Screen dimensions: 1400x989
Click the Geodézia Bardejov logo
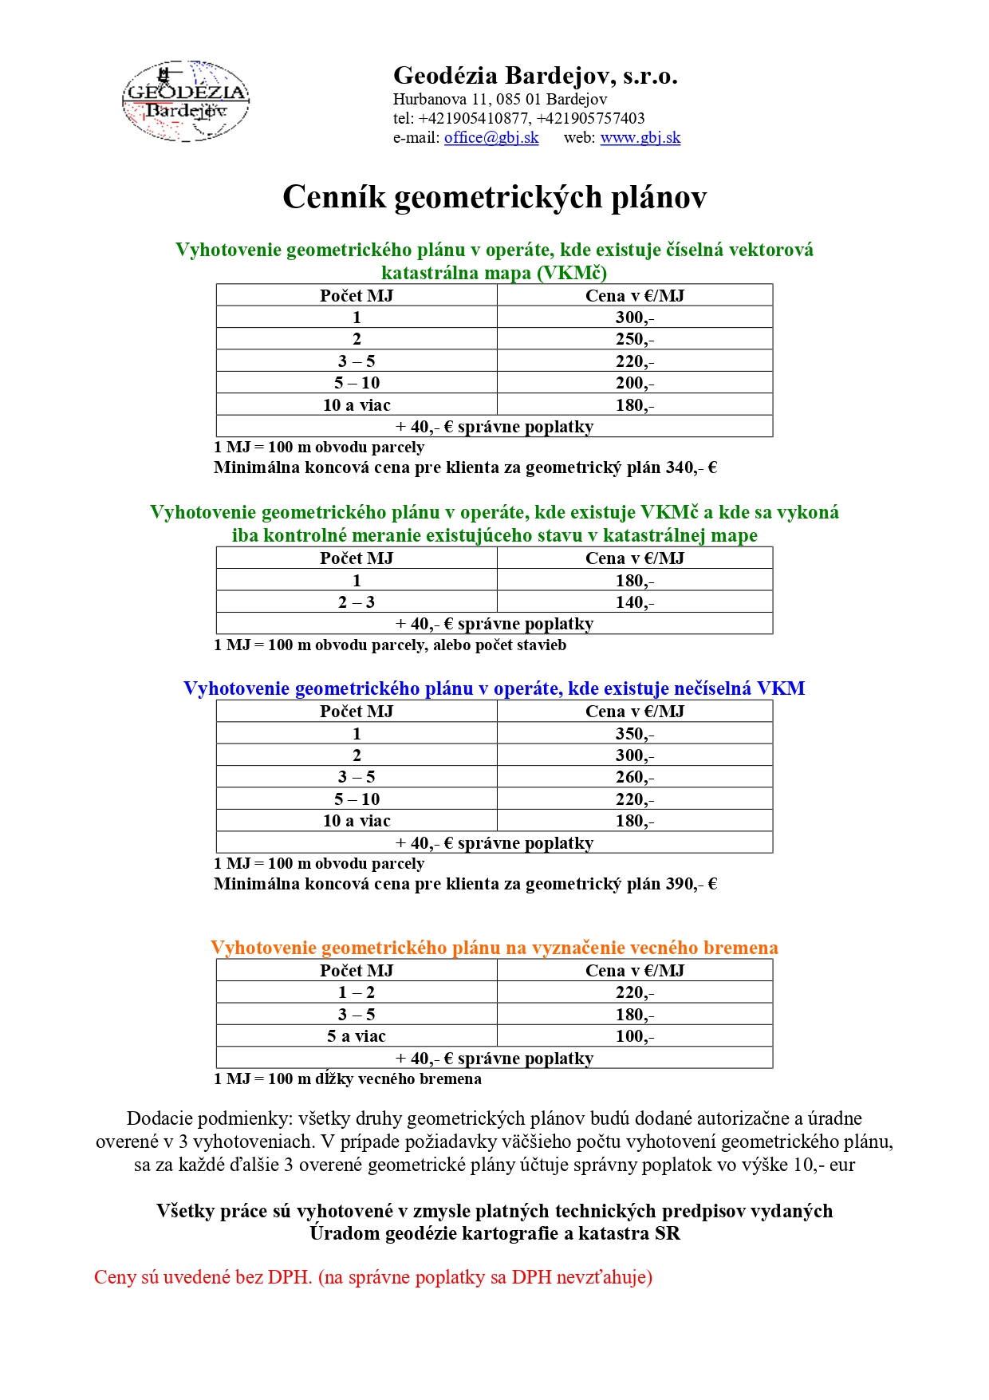[185, 101]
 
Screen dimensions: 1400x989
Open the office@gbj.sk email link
[491, 137]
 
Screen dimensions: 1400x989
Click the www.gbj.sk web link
[640, 137]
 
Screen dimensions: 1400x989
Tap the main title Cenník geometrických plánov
[494, 197]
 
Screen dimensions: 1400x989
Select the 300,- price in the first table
[634, 317]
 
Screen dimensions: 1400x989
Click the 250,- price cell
[634, 339]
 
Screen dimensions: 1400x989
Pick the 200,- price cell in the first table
[634, 383]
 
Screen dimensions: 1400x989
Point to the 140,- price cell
[634, 602]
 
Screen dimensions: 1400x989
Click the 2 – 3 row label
[357, 602]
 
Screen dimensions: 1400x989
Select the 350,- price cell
[634, 734]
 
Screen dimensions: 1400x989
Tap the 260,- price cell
[634, 777]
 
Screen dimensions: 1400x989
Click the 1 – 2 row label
[357, 992]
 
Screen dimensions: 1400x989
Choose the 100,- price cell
[634, 1036]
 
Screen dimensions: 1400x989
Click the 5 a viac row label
[357, 1036]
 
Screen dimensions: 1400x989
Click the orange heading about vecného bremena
[494, 948]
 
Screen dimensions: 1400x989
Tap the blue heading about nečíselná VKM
[494, 688]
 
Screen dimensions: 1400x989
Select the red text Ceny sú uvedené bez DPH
[203, 1277]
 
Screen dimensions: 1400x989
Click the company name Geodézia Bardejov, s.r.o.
[535, 76]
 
